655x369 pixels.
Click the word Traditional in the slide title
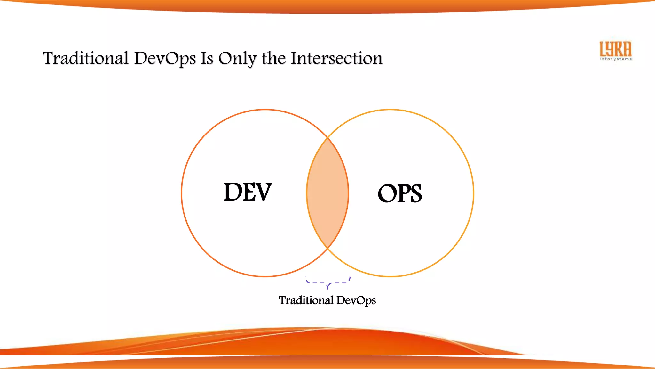pos(85,58)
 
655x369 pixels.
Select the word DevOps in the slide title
pos(165,58)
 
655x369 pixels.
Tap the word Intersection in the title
pos(336,58)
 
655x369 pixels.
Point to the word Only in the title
pos(237,58)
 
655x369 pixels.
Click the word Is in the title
pos(207,58)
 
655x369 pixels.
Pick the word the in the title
pos(273,58)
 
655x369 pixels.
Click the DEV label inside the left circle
pos(248,192)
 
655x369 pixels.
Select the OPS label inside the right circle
pos(400,193)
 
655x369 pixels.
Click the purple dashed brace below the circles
pos(328,283)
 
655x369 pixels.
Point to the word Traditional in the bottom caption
pos(306,300)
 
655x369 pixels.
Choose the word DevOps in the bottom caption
pos(356,300)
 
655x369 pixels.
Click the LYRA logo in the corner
pos(615,49)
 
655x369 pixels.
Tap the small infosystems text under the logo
pos(616,59)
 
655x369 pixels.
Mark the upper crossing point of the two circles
pos(327,138)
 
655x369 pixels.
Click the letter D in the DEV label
pos(232,192)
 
